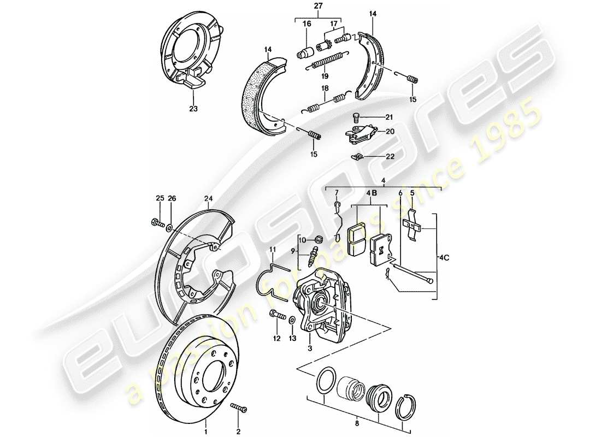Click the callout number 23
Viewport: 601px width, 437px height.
coord(192,108)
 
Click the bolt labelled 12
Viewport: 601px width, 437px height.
coord(277,316)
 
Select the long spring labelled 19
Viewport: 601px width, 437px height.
coord(325,61)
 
